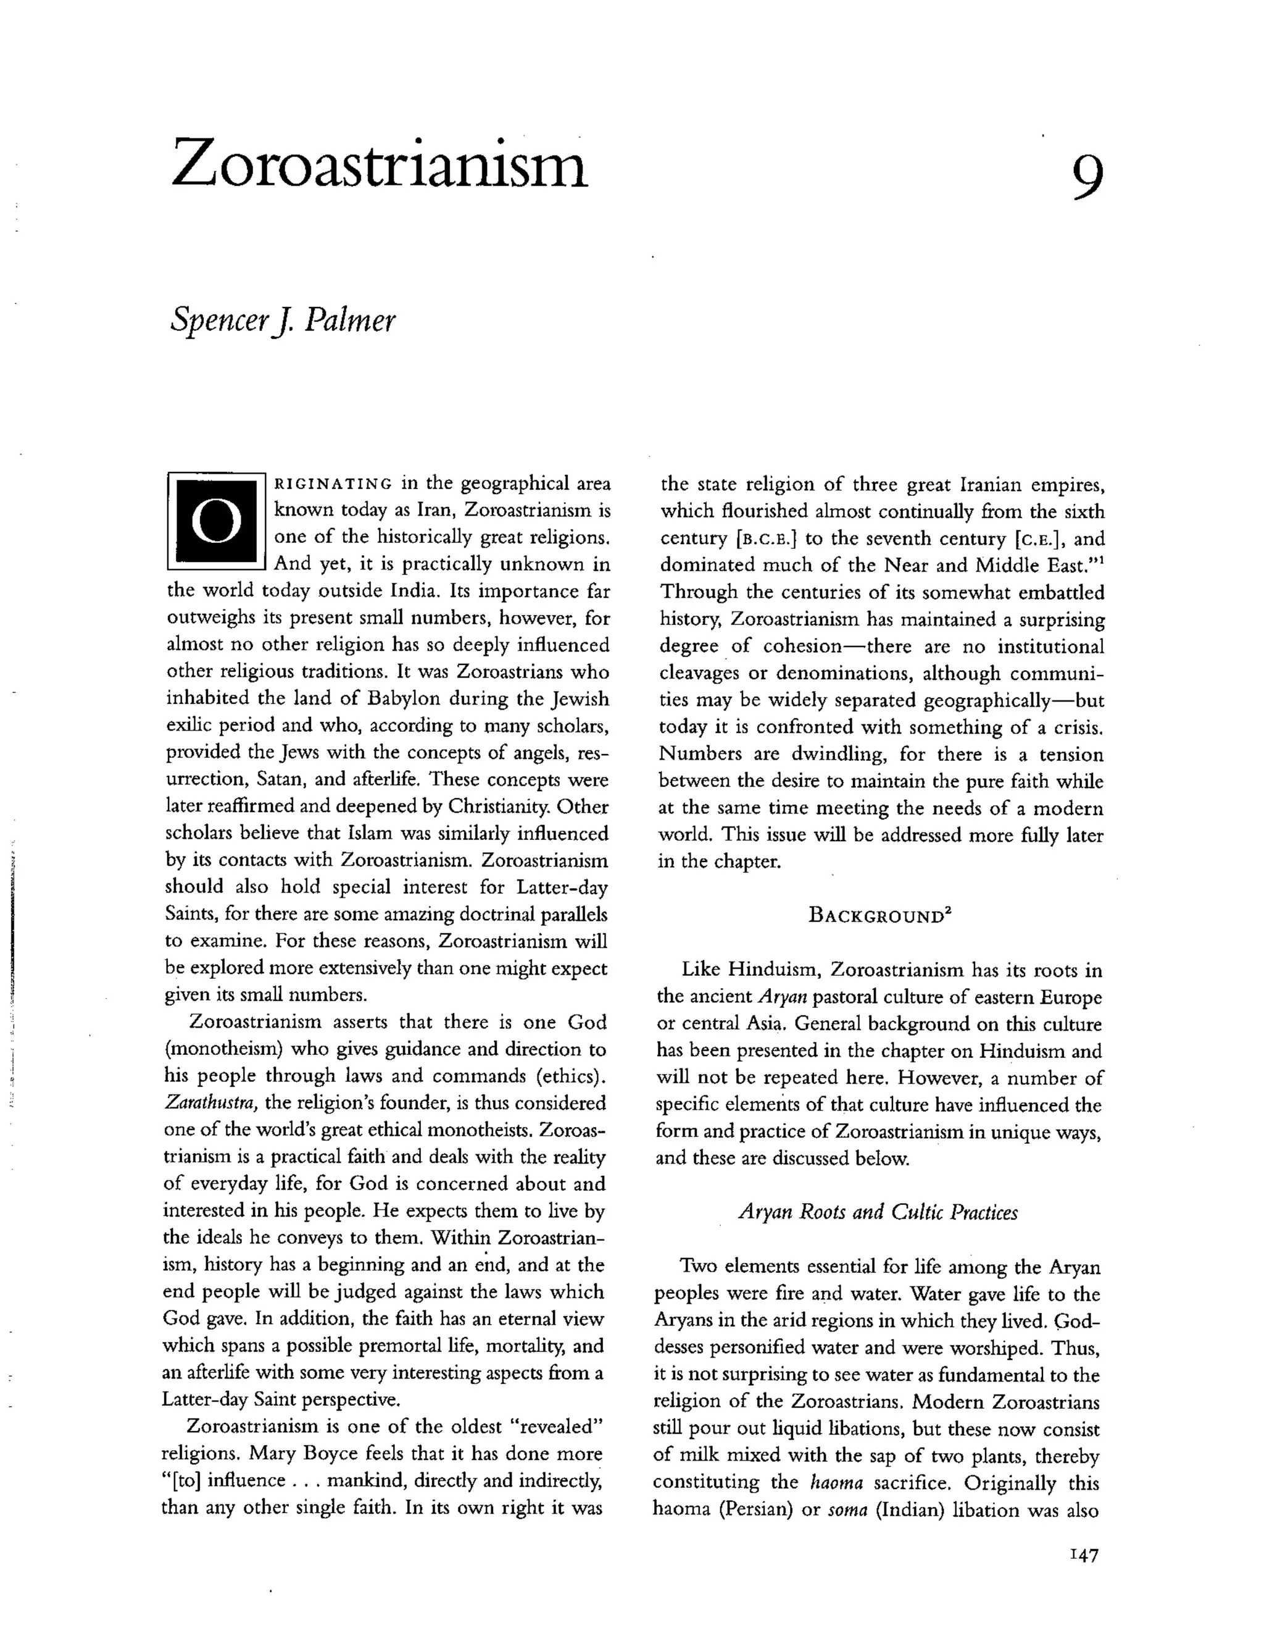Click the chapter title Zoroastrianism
[x=380, y=162]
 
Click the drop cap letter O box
[x=217, y=521]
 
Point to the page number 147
[x=1084, y=1555]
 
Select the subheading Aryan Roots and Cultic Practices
[x=878, y=1212]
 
